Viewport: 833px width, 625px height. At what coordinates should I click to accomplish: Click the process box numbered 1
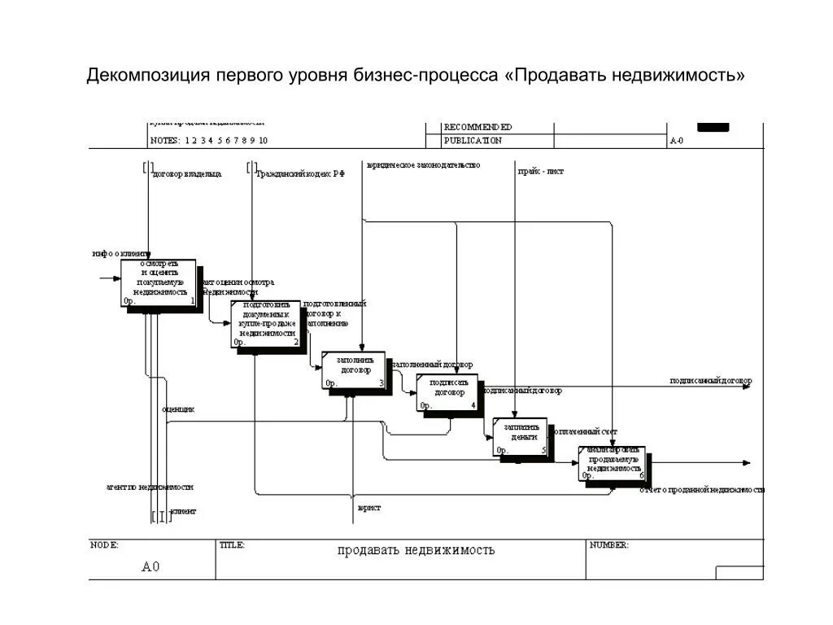159,282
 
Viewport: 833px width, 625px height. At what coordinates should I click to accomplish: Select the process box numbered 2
265,323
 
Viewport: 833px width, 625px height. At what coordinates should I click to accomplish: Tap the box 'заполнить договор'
354,369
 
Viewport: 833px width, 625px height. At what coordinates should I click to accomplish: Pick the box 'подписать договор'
447,391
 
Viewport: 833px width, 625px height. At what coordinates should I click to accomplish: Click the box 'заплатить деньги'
520,436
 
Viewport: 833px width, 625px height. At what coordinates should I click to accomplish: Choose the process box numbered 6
613,462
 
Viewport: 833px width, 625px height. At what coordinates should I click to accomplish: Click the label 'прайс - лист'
541,172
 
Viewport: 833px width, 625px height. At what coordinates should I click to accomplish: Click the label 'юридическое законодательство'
423,165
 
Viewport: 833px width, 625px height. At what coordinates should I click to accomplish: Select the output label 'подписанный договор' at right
710,381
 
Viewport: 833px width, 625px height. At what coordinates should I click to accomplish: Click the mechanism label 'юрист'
369,508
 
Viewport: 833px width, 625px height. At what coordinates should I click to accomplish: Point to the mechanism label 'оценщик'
178,409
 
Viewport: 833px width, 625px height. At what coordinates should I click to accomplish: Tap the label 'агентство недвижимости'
150,487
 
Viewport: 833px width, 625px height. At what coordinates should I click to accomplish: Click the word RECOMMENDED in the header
478,127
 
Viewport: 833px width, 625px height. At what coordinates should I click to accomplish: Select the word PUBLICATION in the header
473,141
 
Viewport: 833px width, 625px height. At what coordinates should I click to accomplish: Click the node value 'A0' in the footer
150,566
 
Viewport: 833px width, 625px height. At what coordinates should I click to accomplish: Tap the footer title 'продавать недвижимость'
416,550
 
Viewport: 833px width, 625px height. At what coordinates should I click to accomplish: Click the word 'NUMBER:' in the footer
608,545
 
